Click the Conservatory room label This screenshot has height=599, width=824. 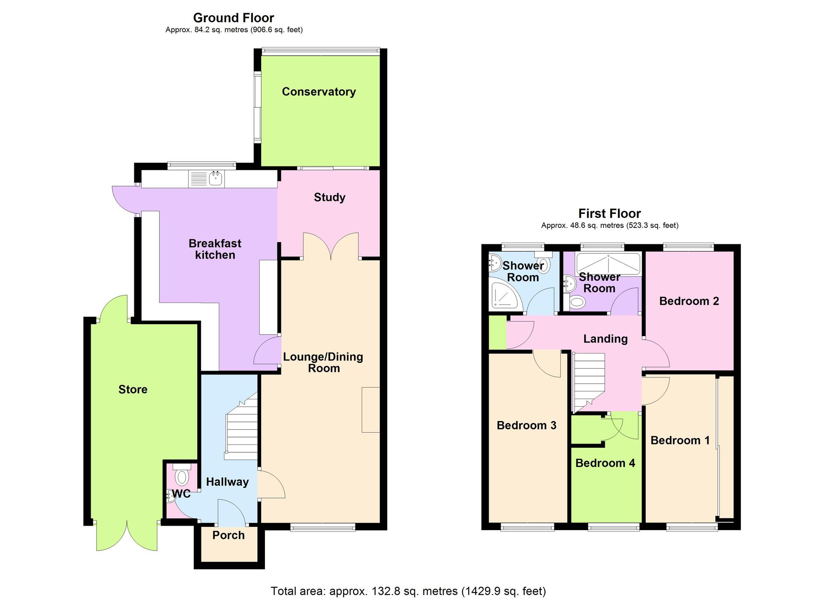pyautogui.click(x=318, y=91)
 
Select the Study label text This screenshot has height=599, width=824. pyautogui.click(x=329, y=197)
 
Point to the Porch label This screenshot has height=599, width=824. pyautogui.click(x=228, y=535)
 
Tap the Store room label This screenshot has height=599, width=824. pyautogui.click(x=133, y=389)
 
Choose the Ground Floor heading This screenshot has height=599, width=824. pyautogui.click(x=233, y=18)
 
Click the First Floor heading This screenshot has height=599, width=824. pyautogui.click(x=609, y=213)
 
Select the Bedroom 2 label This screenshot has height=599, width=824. pyautogui.click(x=689, y=301)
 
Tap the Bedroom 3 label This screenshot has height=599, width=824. pyautogui.click(x=527, y=425)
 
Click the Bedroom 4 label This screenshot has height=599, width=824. pyautogui.click(x=605, y=463)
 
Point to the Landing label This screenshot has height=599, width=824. pyautogui.click(x=605, y=339)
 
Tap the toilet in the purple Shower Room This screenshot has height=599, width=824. pyautogui.click(x=577, y=303)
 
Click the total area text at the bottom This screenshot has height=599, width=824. pyautogui.click(x=408, y=591)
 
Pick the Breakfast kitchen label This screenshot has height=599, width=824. pyautogui.click(x=215, y=249)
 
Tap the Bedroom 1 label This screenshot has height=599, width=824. pyautogui.click(x=680, y=440)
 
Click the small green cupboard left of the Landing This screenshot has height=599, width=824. pyautogui.click(x=497, y=332)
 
